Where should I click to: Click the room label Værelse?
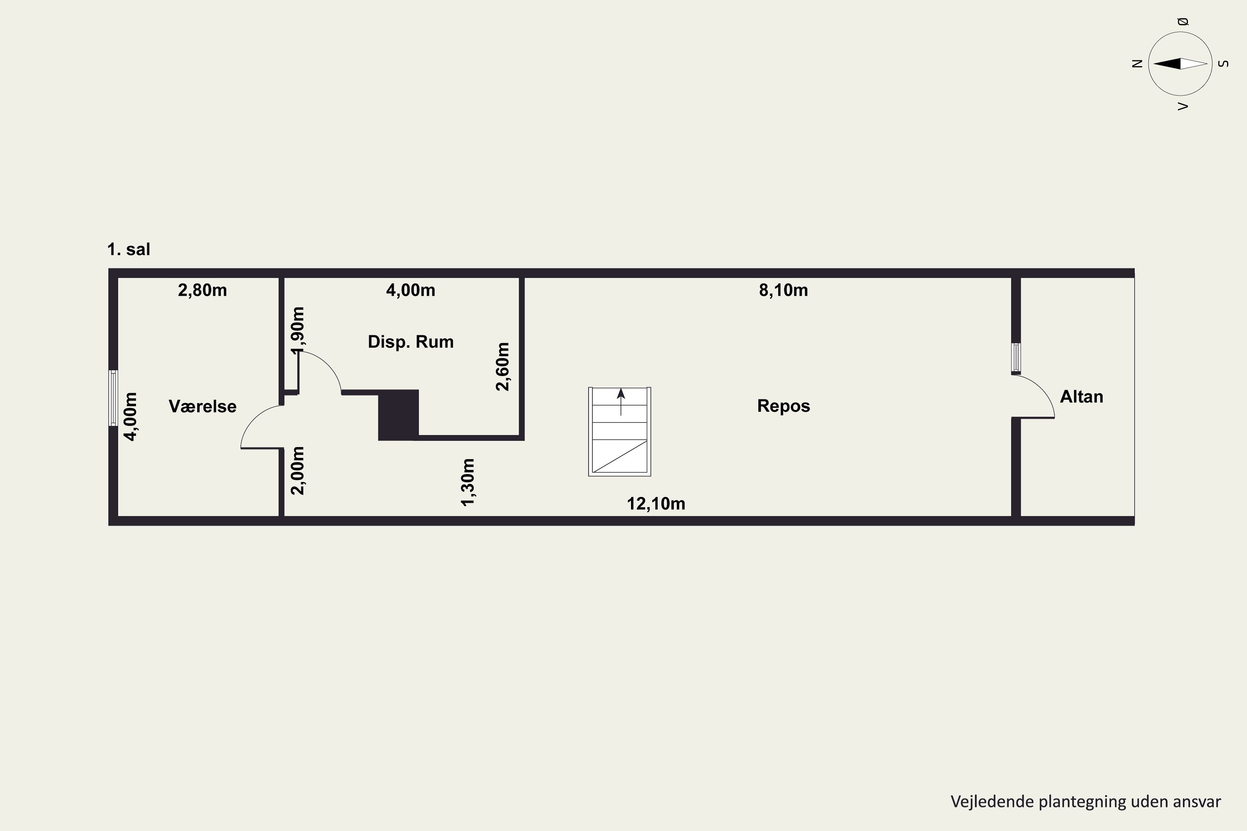(202, 406)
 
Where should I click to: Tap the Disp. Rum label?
(411, 342)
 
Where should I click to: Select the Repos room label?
(784, 406)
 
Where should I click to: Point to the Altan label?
(1082, 396)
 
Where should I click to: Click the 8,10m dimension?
(784, 290)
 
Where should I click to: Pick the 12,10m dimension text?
(656, 504)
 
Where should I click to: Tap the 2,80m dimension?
(202, 290)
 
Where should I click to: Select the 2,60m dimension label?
(503, 367)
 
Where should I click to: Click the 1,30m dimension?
(468, 482)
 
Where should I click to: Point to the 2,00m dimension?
(298, 471)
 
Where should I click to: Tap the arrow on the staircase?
(621, 402)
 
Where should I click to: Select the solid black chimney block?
(398, 415)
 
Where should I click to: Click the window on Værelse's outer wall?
(113, 398)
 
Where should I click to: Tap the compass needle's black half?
(1167, 64)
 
